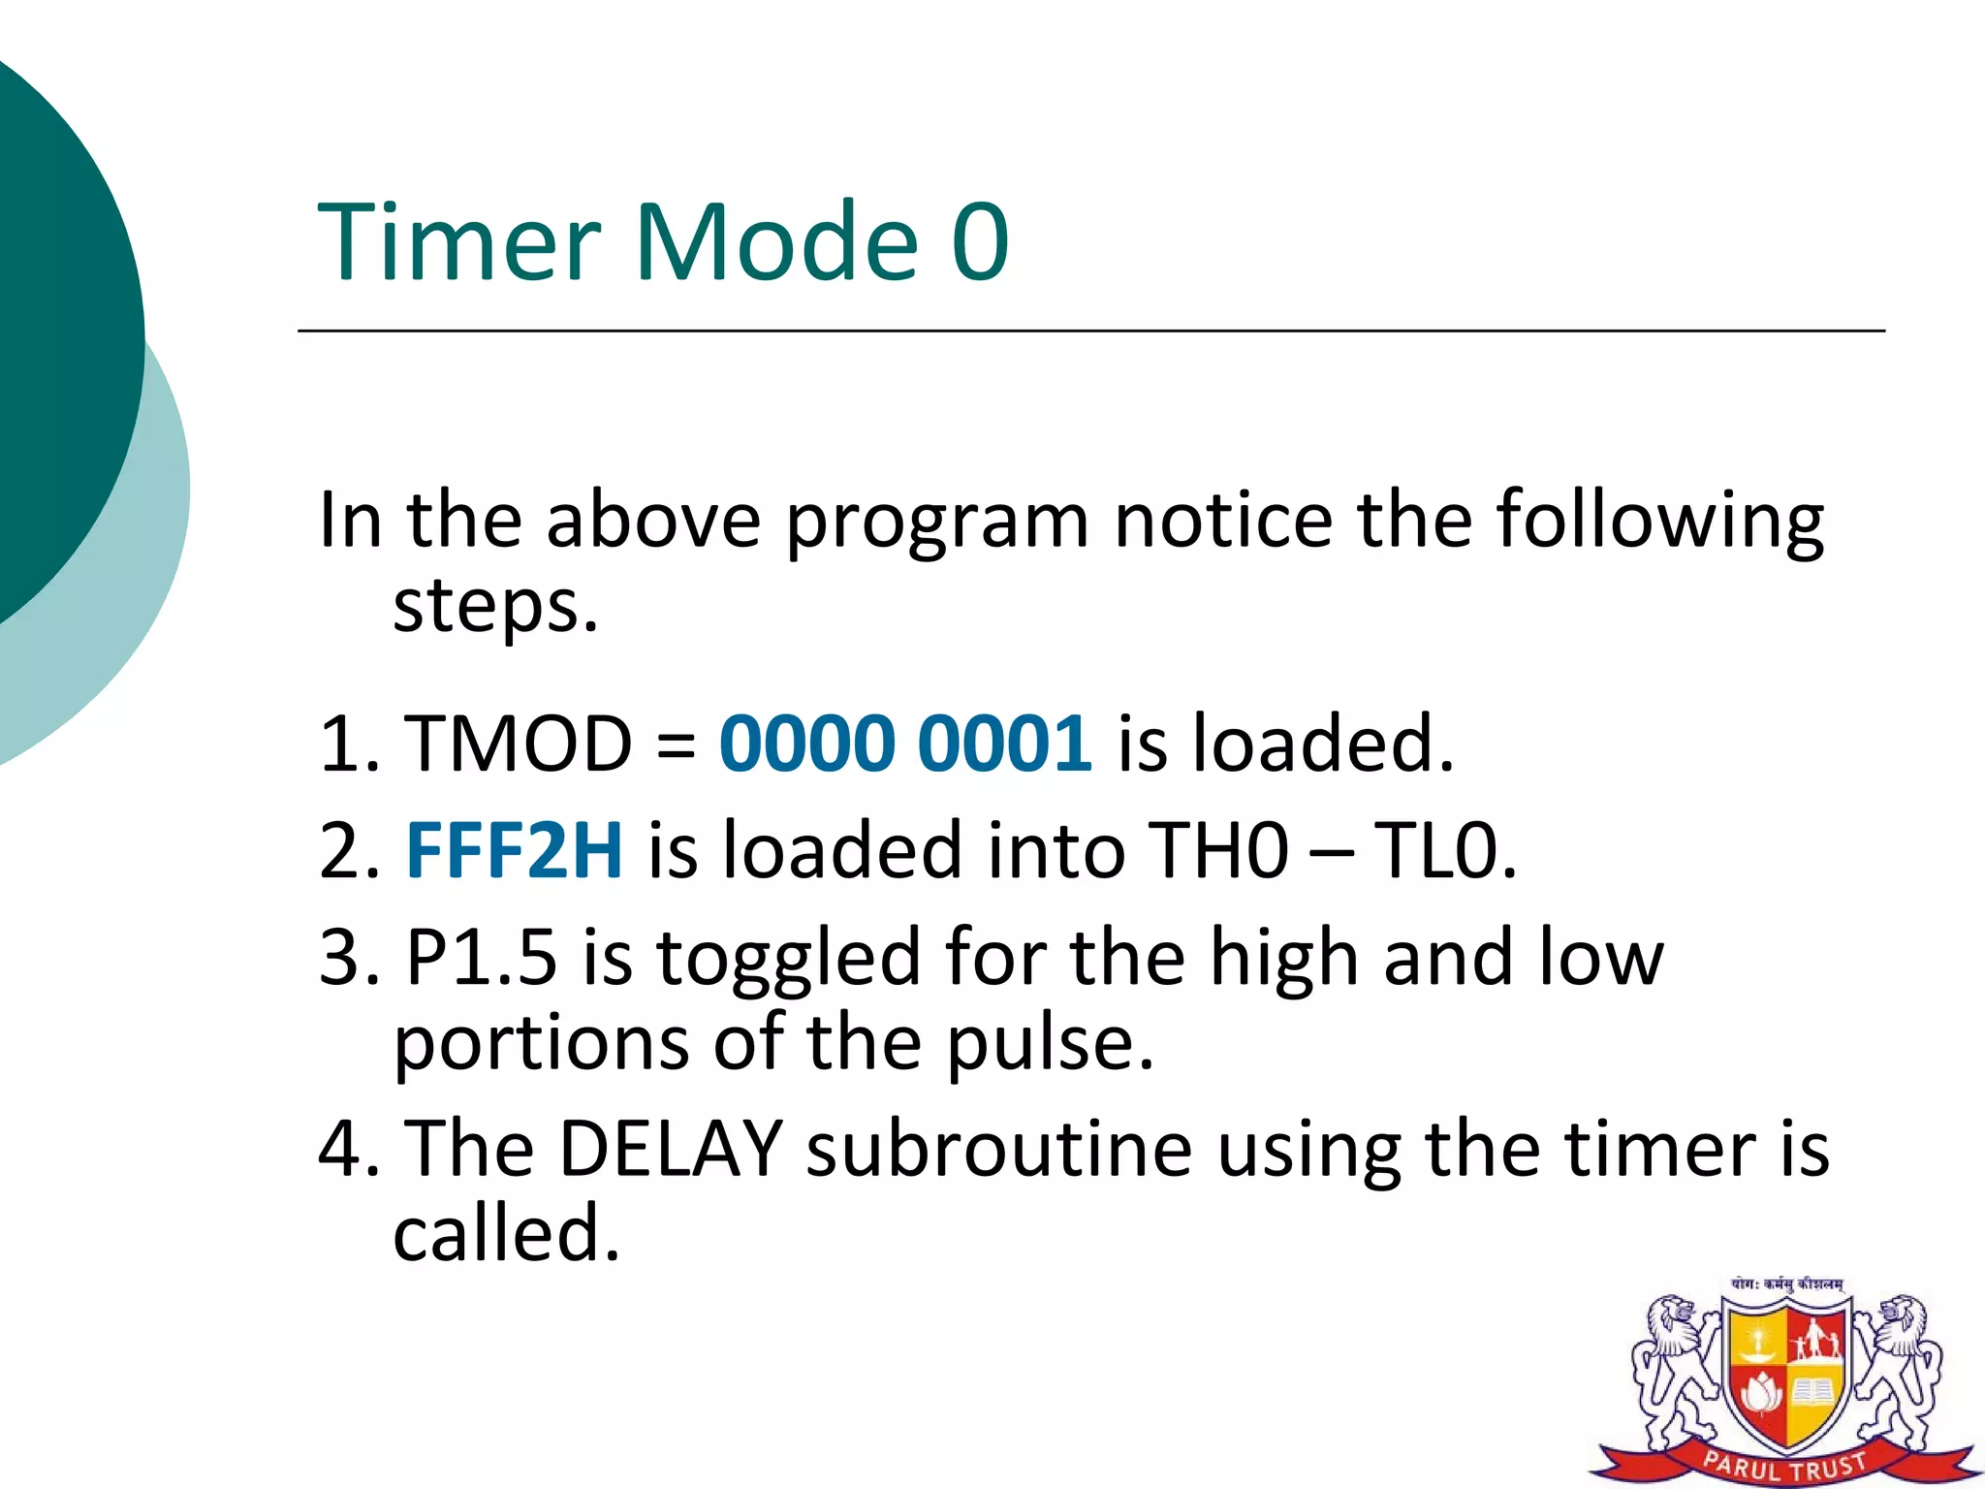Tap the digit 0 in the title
click(980, 242)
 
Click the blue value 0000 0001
click(905, 744)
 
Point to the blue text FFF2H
click(514, 850)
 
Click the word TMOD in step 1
click(519, 744)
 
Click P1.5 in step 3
click(482, 957)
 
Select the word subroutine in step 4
click(999, 1149)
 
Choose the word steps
click(495, 609)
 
